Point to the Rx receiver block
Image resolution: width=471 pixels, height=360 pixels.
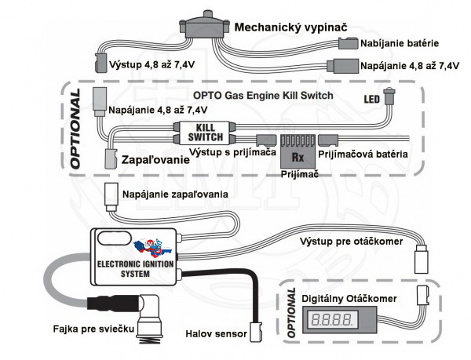[x=298, y=149]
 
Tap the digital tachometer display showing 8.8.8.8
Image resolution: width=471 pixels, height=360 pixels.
[x=329, y=320]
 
